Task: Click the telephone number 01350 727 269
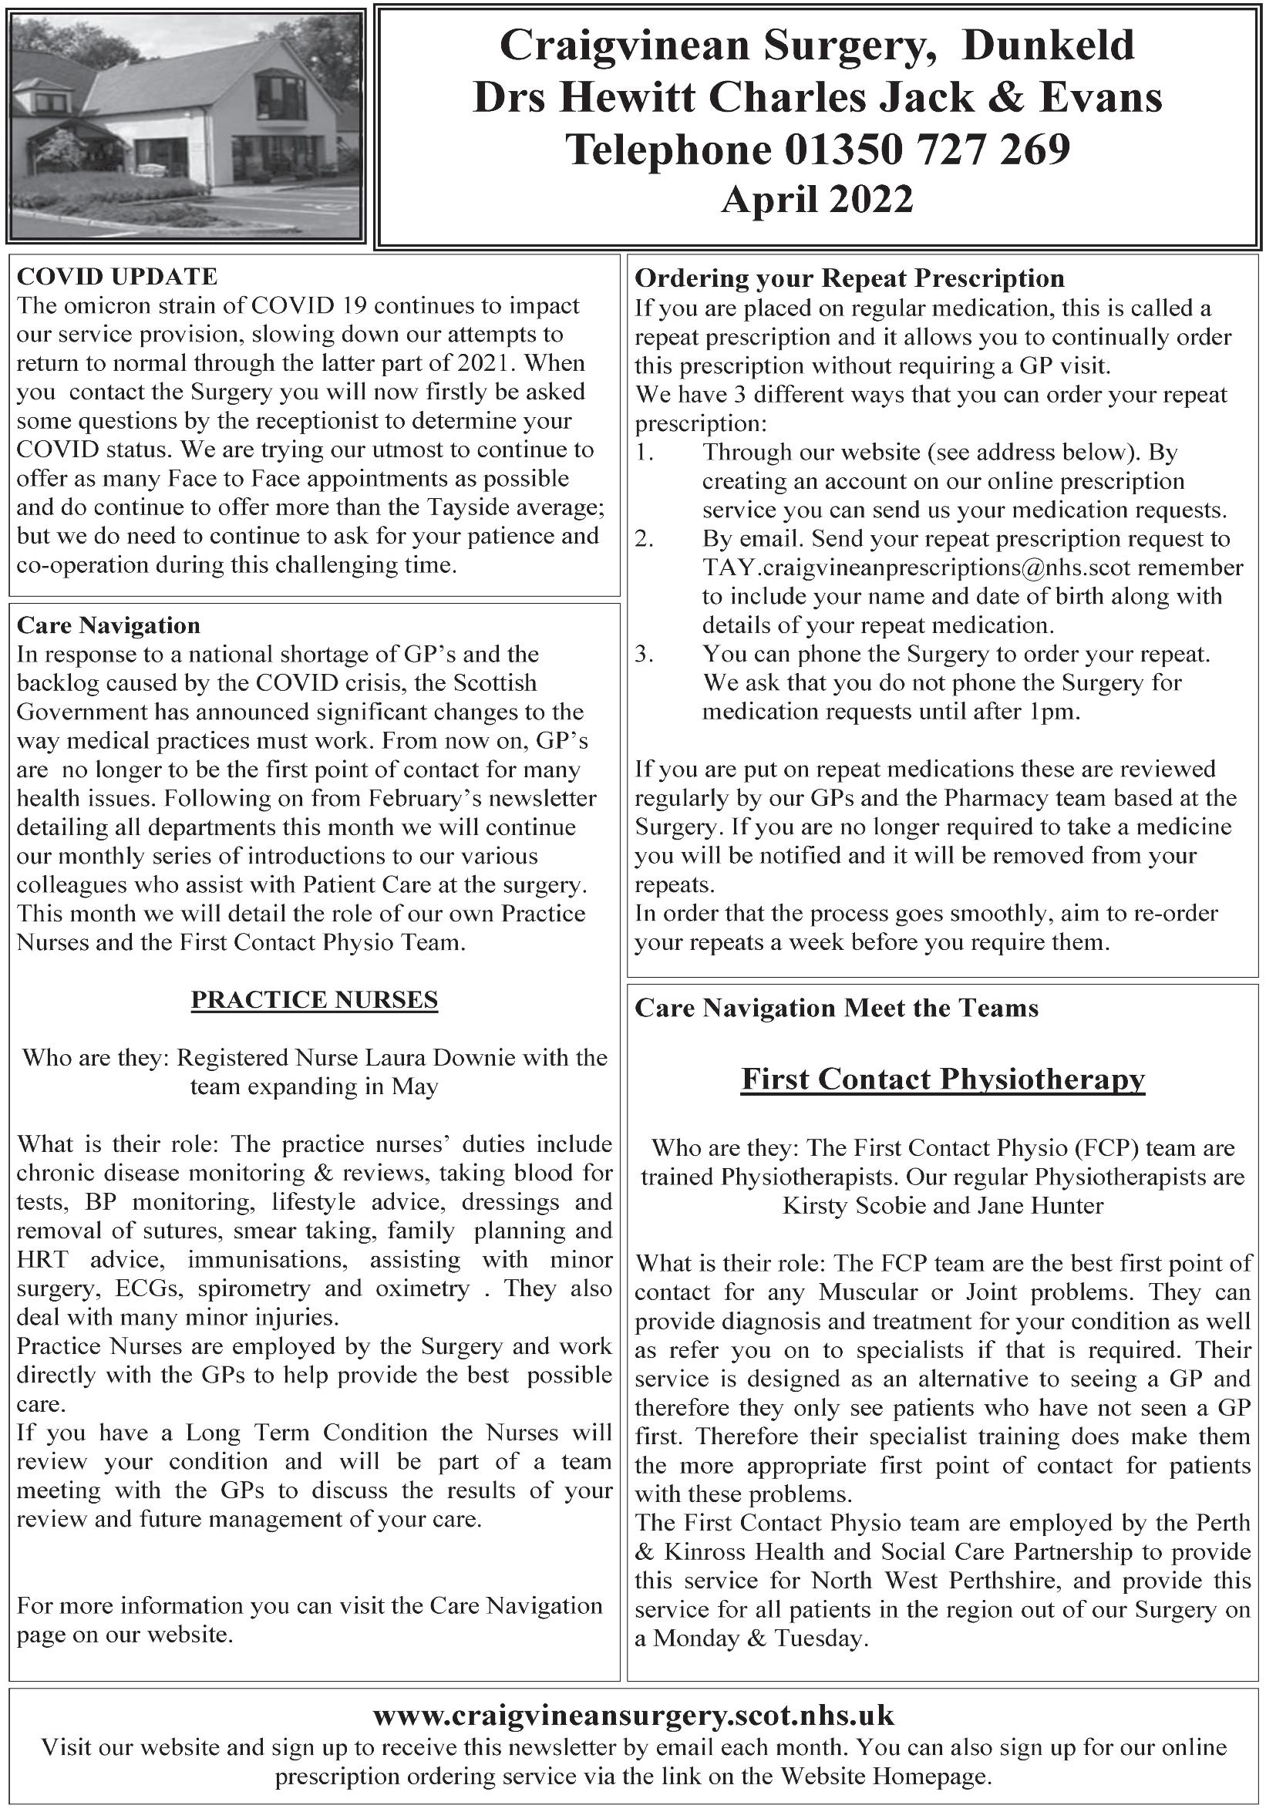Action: pyautogui.click(x=928, y=149)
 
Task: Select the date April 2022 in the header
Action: pyautogui.click(x=817, y=199)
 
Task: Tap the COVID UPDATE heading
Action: pyautogui.click(x=117, y=276)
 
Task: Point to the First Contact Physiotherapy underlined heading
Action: pyautogui.click(x=942, y=1079)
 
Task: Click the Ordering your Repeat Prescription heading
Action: pyautogui.click(x=849, y=278)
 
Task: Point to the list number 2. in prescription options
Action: pyautogui.click(x=645, y=539)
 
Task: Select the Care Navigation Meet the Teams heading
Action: pyautogui.click(x=836, y=1008)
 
